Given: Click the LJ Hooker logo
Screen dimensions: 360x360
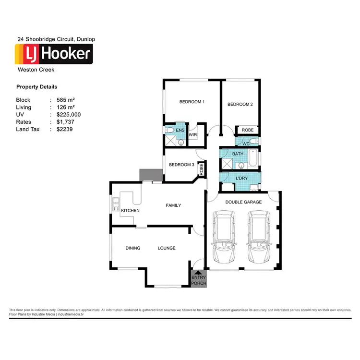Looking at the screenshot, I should click(x=54, y=54).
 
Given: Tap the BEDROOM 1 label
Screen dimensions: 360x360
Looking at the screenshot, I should click(x=192, y=102).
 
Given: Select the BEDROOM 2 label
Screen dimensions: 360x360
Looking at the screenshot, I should click(x=240, y=104).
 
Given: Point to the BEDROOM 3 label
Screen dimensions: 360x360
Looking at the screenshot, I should click(x=181, y=165).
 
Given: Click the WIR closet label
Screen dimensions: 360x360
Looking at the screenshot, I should click(x=193, y=135).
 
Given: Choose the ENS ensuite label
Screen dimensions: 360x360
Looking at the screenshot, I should click(x=180, y=130).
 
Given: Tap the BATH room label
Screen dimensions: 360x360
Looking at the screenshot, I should click(x=238, y=154).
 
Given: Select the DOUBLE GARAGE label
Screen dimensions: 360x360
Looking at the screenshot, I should click(x=243, y=202).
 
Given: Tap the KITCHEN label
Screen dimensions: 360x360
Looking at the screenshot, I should click(x=130, y=211).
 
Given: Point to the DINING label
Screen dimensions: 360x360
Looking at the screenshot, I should click(x=133, y=248).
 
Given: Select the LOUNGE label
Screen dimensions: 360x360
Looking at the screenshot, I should click(x=167, y=248).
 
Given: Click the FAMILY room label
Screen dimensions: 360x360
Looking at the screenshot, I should click(x=173, y=205).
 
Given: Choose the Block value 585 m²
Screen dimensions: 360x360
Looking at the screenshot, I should click(x=66, y=100).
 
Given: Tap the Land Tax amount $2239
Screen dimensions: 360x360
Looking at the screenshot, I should click(x=64, y=129).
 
